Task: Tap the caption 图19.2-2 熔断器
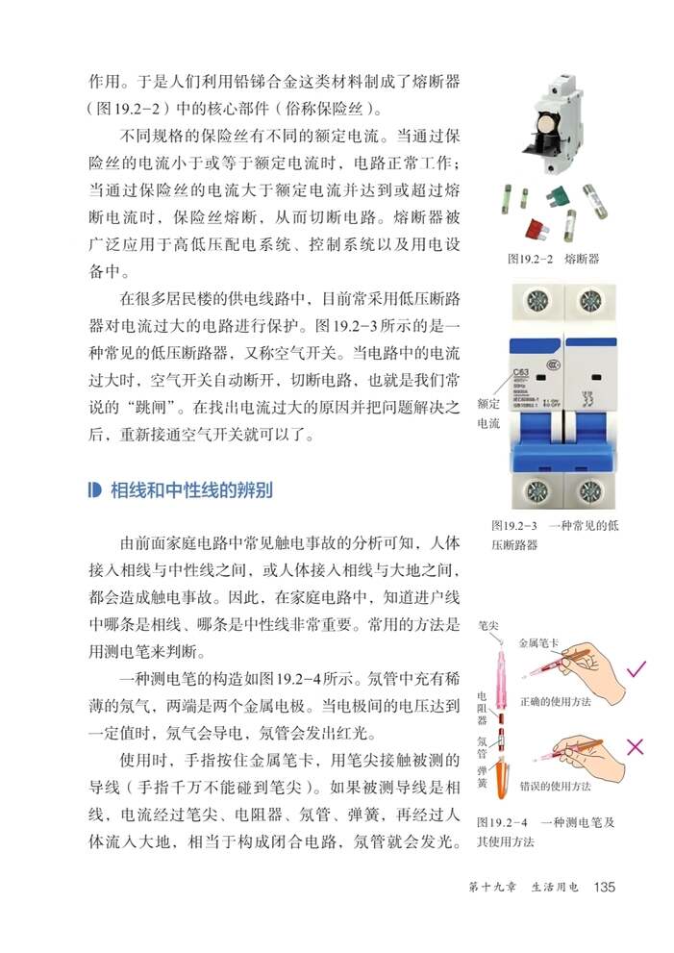tap(553, 259)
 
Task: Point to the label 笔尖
tap(488, 625)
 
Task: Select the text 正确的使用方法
tap(555, 701)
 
